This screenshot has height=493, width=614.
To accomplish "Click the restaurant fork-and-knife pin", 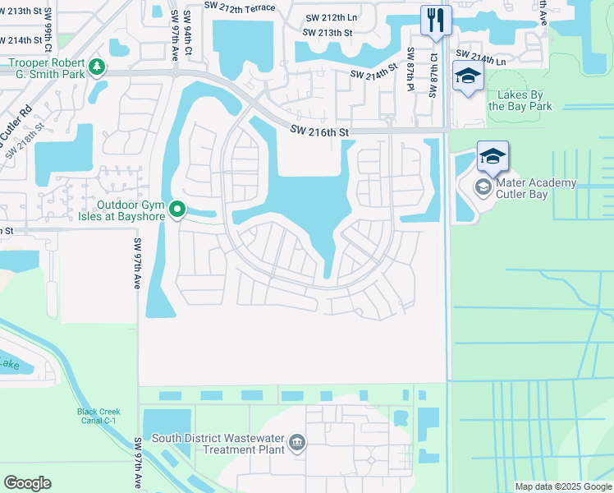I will (436, 20).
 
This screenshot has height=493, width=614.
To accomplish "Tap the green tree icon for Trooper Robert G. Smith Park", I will (97, 66).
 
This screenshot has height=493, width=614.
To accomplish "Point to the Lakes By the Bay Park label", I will (520, 100).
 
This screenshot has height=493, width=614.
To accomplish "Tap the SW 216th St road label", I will (320, 131).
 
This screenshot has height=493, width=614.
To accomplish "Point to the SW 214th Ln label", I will (495, 60).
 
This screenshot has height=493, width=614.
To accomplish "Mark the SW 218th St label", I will (25, 139).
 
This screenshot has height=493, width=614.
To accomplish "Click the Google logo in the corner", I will (27, 483).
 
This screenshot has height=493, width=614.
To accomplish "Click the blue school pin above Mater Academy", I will (493, 156).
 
